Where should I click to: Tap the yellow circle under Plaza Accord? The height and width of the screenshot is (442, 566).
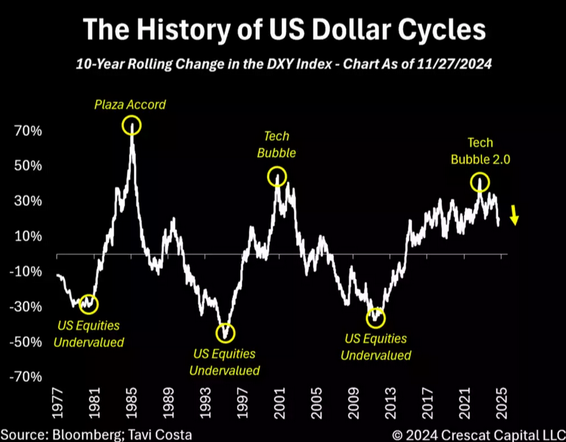(132, 126)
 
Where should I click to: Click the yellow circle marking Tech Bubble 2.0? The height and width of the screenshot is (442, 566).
(480, 182)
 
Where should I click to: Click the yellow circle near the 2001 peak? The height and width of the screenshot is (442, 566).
(277, 176)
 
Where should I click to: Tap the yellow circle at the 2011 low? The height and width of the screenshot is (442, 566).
(375, 318)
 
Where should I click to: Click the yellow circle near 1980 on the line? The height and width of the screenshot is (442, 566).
(89, 303)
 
